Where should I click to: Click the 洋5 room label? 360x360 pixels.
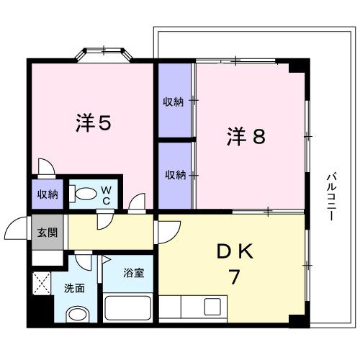click(x=93, y=124)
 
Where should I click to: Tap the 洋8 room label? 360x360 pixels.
click(x=247, y=136)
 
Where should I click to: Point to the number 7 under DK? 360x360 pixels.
click(x=233, y=276)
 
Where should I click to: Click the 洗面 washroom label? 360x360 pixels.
click(x=75, y=287)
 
